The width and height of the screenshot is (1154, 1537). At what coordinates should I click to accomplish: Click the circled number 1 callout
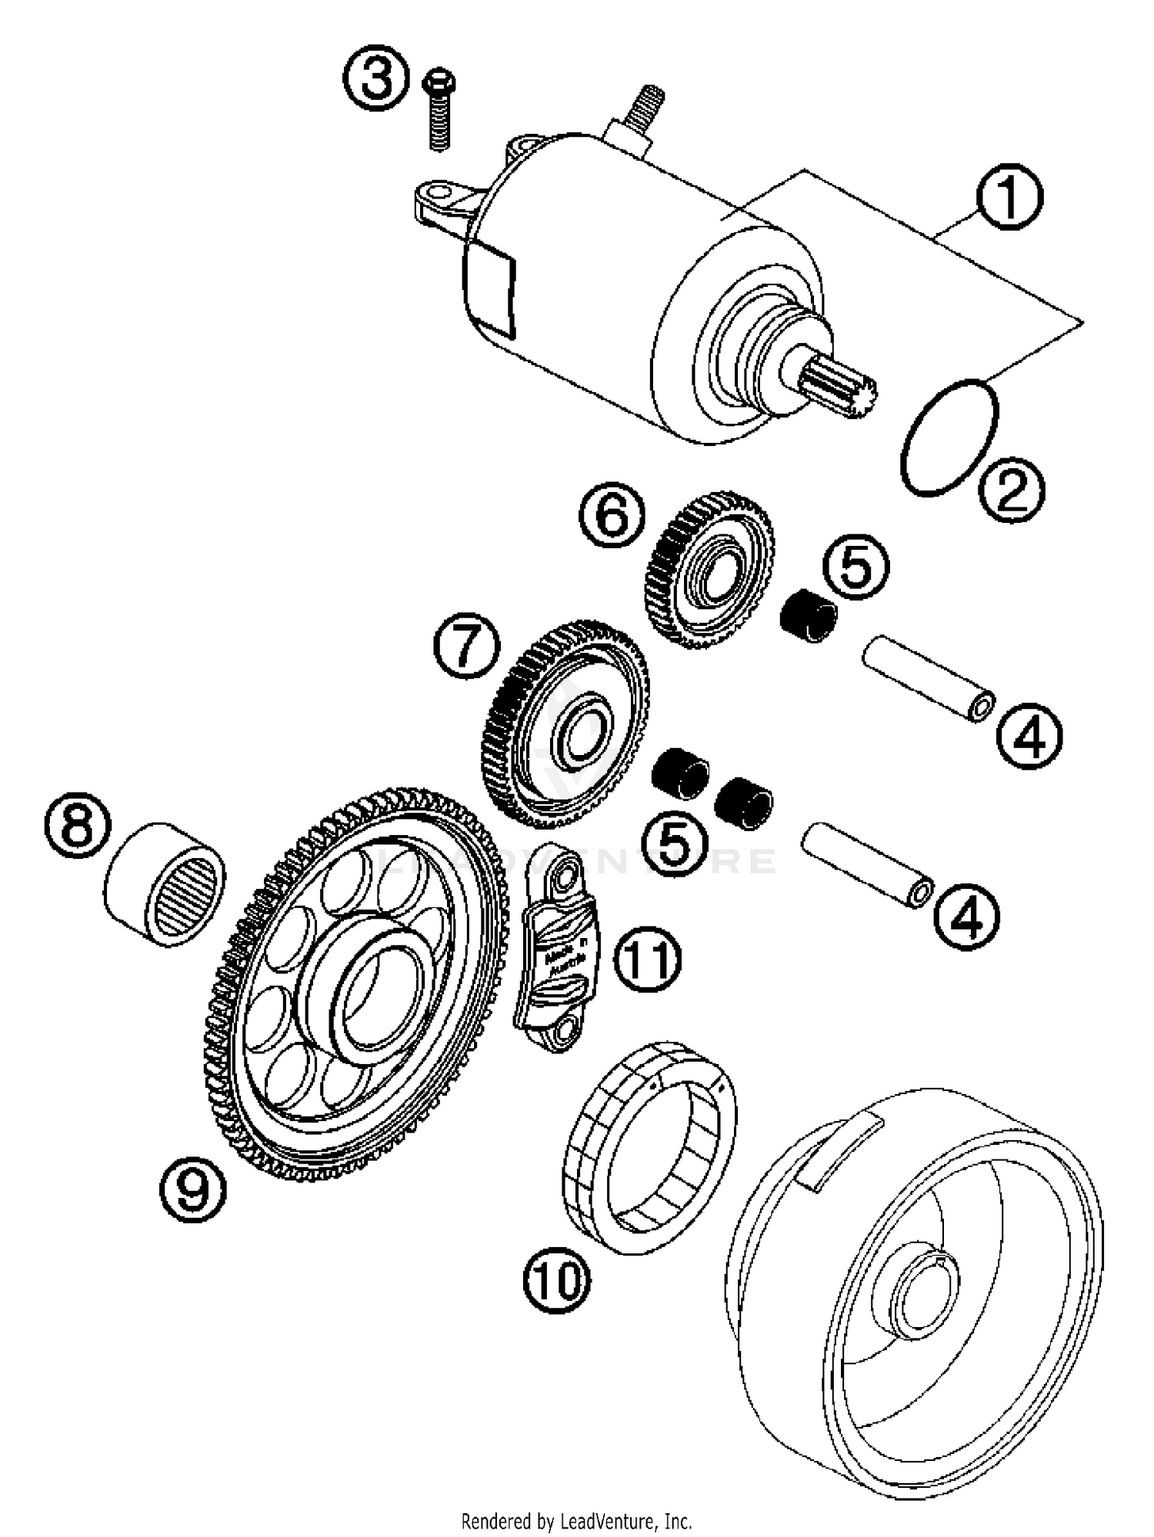(x=1009, y=195)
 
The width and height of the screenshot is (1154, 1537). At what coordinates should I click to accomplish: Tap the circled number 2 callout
(x=1012, y=489)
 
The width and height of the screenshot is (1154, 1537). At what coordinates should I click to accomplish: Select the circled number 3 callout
(x=376, y=79)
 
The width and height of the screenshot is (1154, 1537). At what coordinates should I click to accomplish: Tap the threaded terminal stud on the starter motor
(x=647, y=107)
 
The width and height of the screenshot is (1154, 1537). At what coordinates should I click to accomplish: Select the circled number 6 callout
(x=612, y=514)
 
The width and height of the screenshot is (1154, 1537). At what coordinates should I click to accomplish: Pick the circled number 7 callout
(x=467, y=645)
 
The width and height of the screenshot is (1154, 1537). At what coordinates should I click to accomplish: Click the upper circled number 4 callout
(x=1029, y=737)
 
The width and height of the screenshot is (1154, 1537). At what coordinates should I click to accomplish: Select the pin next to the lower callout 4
(x=868, y=865)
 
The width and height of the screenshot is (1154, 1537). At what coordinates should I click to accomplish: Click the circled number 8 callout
(x=77, y=828)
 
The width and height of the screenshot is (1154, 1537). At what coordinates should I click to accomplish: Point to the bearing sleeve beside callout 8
(x=165, y=883)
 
